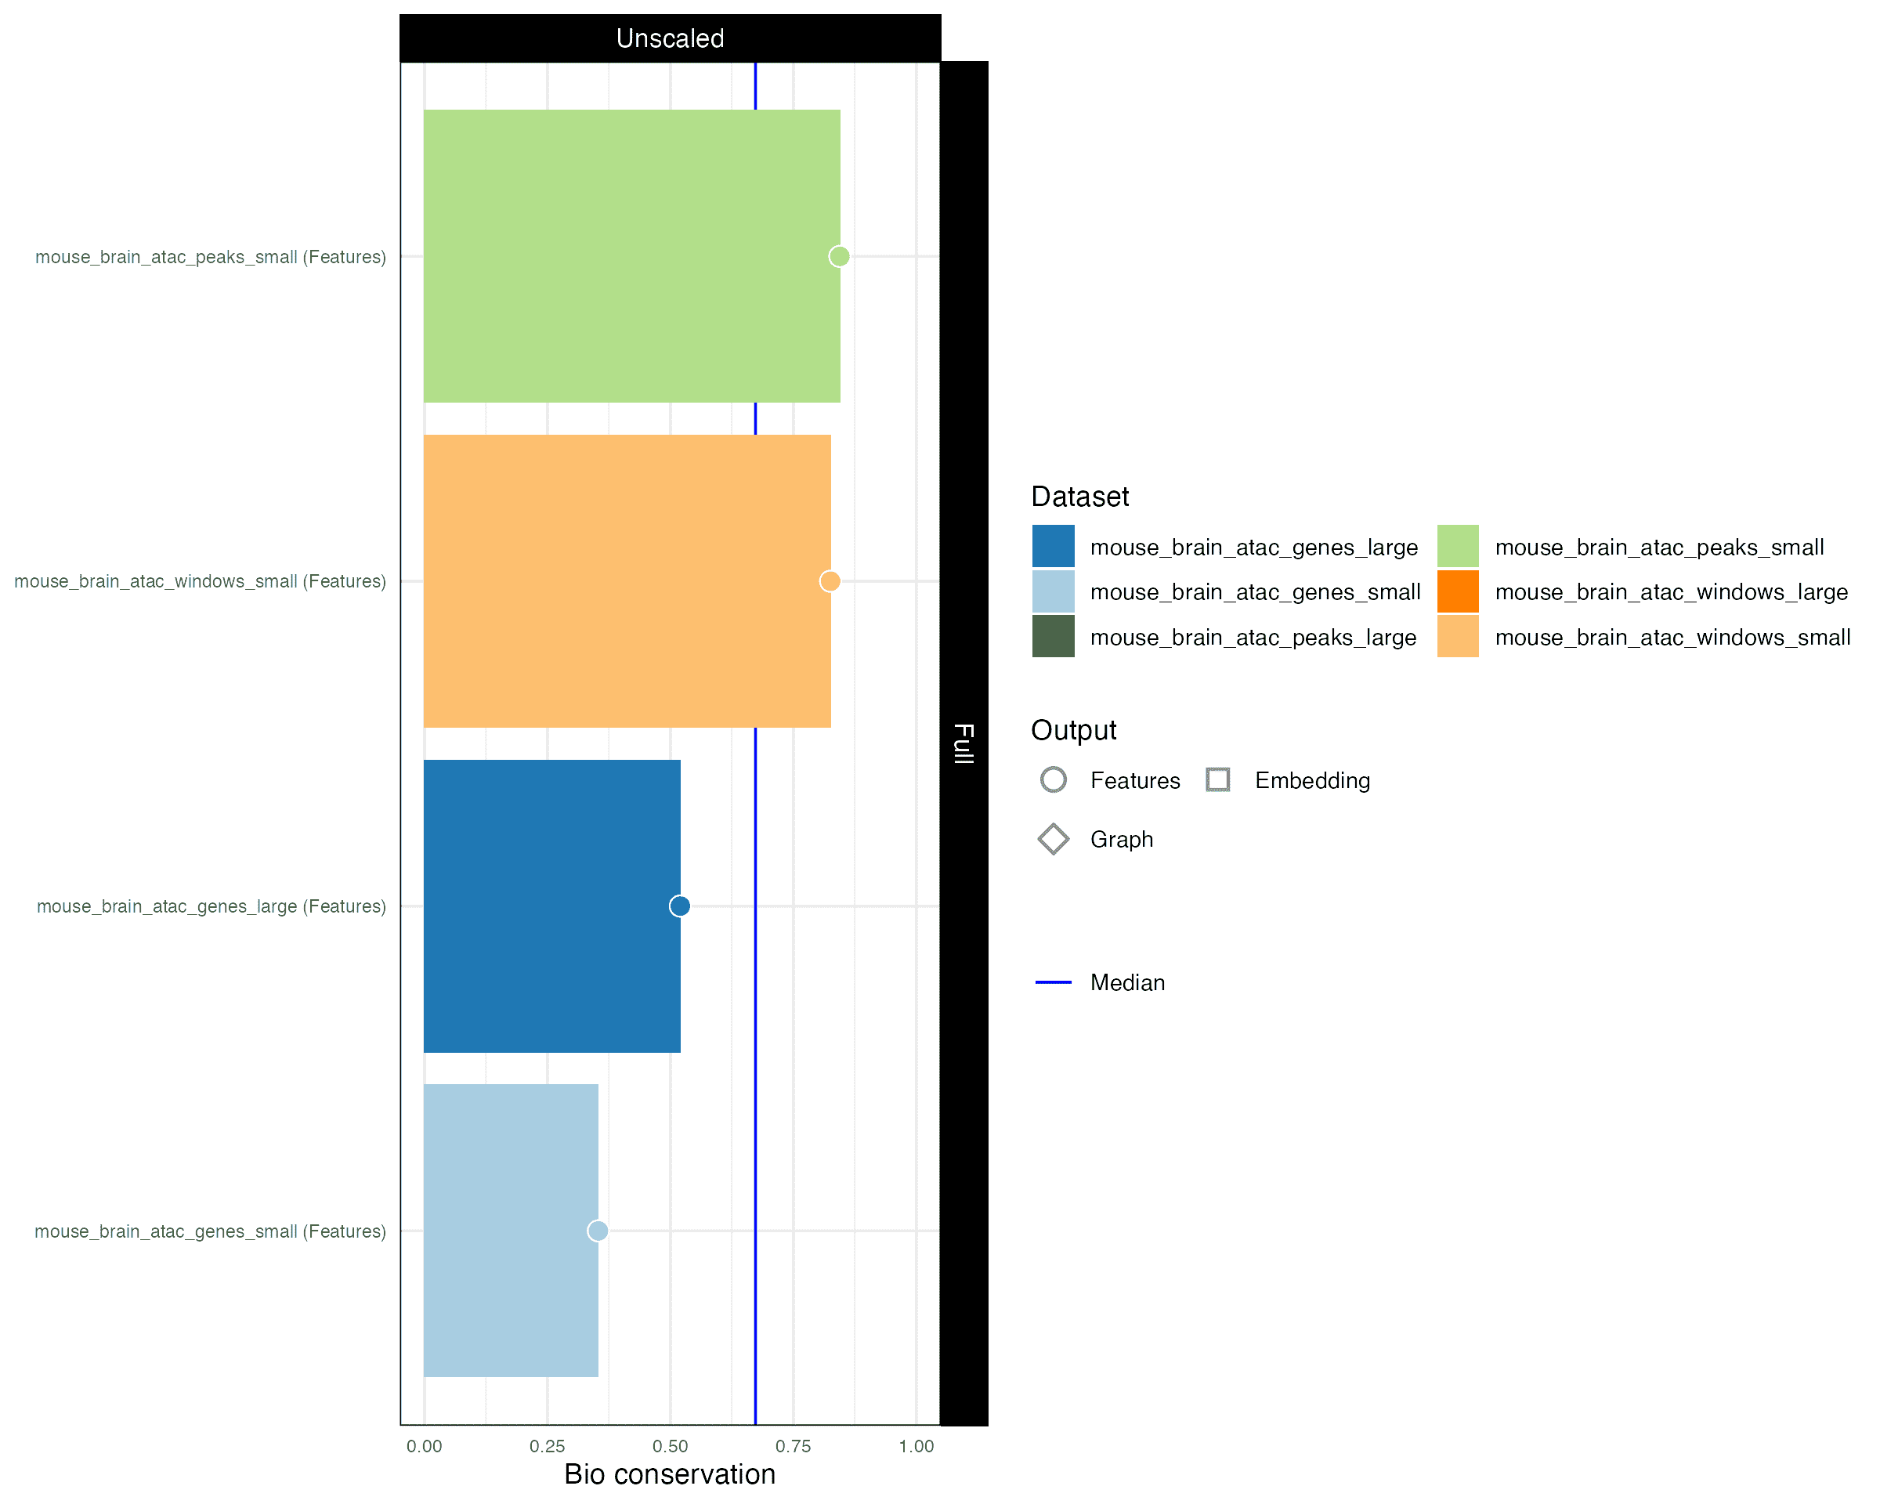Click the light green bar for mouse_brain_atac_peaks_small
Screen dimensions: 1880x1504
pos(632,256)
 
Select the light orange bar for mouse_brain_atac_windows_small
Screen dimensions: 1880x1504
pos(627,581)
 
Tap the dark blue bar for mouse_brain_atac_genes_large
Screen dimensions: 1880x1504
pos(552,906)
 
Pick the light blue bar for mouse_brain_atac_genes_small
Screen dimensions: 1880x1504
pos(511,1231)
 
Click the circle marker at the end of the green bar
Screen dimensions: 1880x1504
pos(839,256)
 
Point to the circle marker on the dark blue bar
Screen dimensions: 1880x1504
pos(680,906)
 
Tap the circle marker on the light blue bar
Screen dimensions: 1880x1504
pos(598,1231)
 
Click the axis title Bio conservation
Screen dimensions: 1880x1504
pos(670,1474)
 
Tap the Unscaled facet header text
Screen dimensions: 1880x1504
pos(671,38)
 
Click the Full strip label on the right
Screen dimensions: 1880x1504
pos(963,743)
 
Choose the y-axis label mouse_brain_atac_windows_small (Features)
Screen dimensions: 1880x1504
pos(200,581)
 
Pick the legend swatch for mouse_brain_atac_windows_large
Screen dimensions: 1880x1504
pos(1458,591)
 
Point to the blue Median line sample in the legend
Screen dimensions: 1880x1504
pos(1054,982)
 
